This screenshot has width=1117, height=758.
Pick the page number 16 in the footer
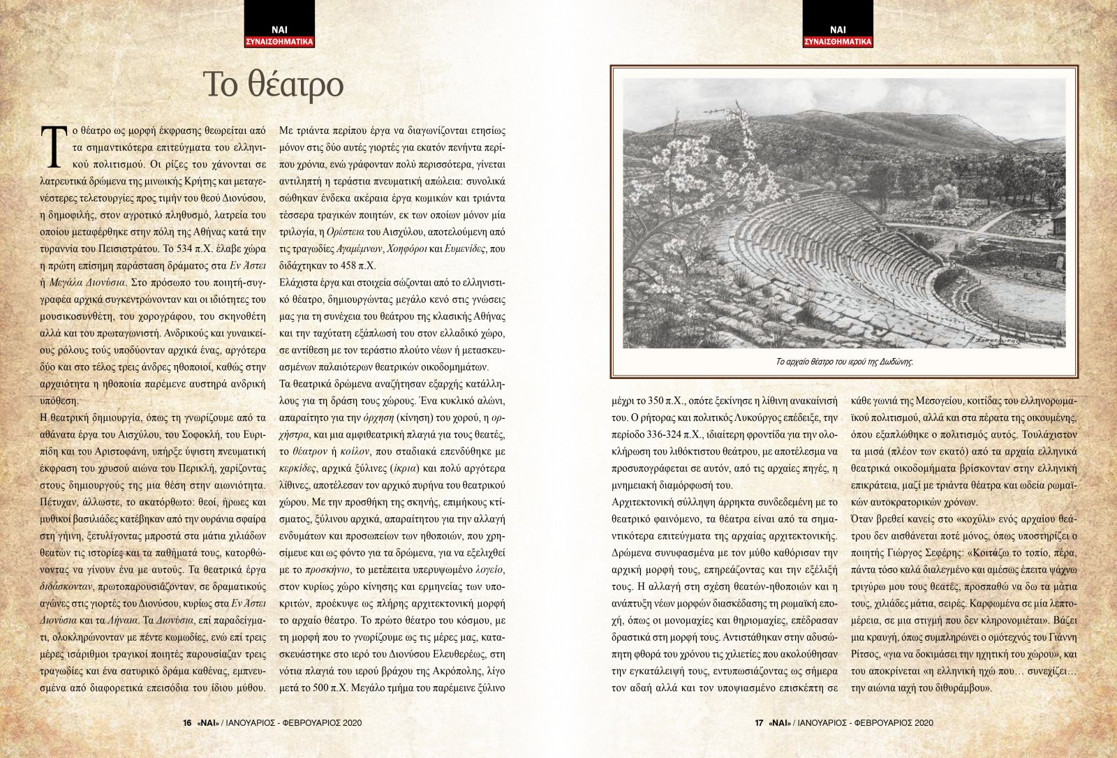coord(186,723)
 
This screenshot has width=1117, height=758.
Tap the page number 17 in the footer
coord(758,723)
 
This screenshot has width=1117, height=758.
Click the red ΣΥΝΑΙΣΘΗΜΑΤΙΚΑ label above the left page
coord(279,42)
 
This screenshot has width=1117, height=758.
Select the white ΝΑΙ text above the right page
coord(838,29)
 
